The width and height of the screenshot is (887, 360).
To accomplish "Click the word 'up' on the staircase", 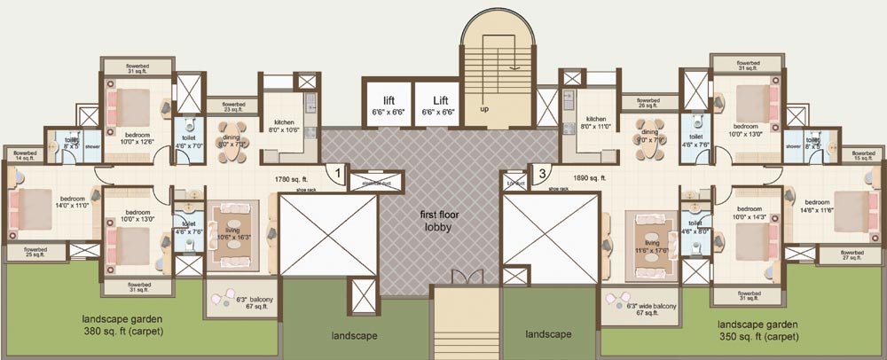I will click(x=483, y=110).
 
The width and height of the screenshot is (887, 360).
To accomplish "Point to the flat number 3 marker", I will click(x=538, y=173).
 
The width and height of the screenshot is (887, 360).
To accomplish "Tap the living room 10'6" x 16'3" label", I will click(x=233, y=232).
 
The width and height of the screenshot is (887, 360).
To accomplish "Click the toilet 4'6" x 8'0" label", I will click(x=695, y=227).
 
